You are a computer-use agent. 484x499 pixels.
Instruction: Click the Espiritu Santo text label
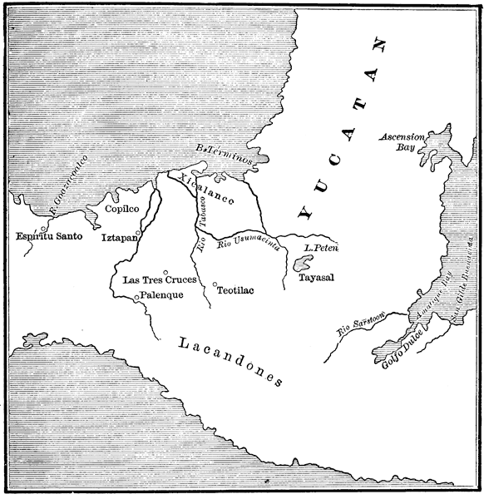49,237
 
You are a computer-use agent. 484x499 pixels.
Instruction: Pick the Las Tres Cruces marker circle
166,272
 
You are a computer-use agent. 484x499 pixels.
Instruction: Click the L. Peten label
319,247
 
